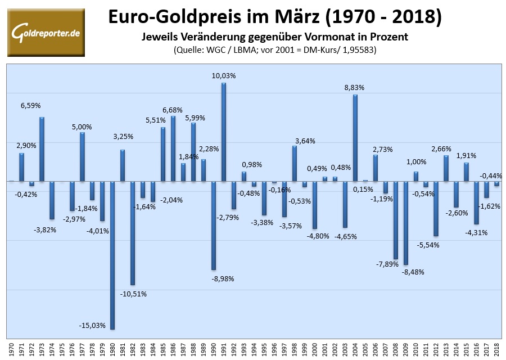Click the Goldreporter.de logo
click(x=46, y=32)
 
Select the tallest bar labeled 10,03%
click(x=224, y=132)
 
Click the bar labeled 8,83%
click(x=355, y=138)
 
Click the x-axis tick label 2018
click(x=497, y=349)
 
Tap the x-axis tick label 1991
click(x=224, y=349)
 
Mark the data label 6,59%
click(x=31, y=105)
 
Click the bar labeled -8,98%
click(x=214, y=225)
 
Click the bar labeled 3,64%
click(x=294, y=163)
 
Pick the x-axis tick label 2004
click(x=355, y=349)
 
